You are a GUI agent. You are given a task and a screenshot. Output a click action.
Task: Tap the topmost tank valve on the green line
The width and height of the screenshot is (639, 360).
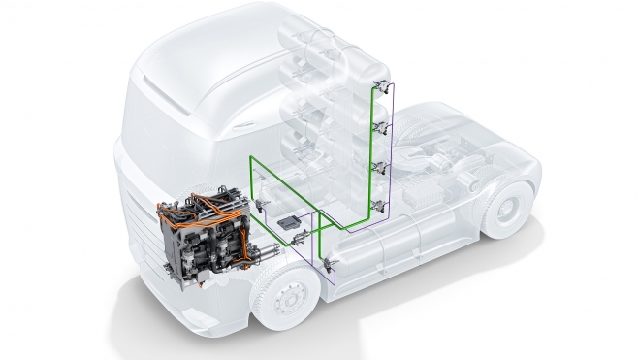[382, 86]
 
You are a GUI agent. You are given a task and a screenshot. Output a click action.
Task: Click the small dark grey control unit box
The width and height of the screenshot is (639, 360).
[287, 222]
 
